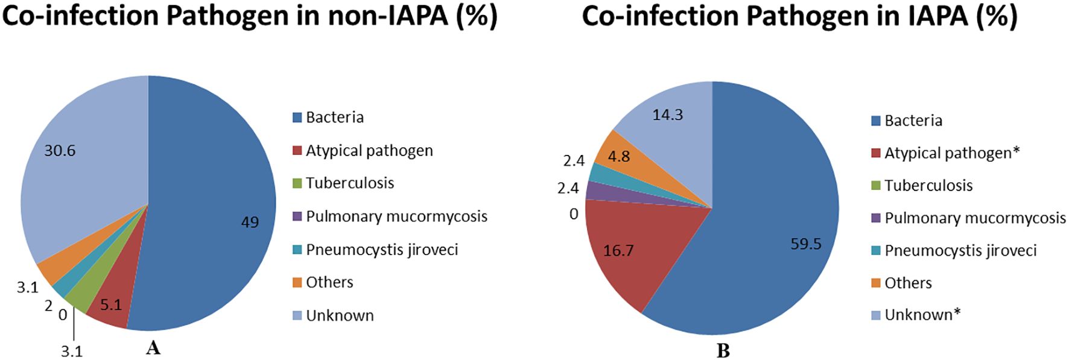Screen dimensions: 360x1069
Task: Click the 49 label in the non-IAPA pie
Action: (250, 223)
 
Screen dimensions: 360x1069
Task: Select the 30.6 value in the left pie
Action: (60, 151)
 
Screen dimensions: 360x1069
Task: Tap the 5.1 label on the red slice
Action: (111, 305)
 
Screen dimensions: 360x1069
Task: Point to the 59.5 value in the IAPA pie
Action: (806, 244)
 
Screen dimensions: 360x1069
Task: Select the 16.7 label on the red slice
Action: (618, 250)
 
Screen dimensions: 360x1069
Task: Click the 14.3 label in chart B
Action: (667, 115)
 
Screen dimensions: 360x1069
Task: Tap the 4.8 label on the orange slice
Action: (619, 157)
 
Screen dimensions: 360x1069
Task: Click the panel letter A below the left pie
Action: (153, 348)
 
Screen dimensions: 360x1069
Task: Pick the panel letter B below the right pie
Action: (723, 351)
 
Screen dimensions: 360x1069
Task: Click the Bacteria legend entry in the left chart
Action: (334, 117)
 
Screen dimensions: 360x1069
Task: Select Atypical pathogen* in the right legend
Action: (951, 153)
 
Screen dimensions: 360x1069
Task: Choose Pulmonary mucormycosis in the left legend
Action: (396, 216)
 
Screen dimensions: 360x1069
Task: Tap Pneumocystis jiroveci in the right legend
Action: (960, 251)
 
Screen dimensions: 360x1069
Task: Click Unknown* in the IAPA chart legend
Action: (922, 315)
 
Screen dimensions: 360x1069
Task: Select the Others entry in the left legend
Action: (329, 282)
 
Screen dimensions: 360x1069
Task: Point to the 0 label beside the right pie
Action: (574, 214)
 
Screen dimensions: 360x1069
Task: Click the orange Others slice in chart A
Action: (51, 271)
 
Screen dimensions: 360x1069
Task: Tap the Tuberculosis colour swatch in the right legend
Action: (876, 186)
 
